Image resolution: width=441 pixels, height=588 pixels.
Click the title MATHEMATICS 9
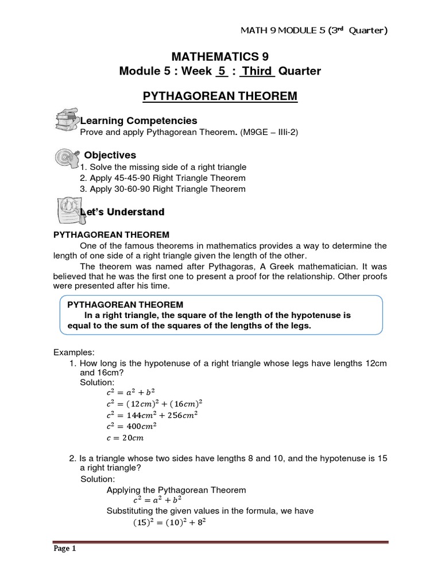(220, 56)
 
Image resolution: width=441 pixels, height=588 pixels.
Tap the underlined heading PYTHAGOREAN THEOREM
(220, 96)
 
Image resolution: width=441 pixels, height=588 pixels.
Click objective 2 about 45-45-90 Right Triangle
(163, 178)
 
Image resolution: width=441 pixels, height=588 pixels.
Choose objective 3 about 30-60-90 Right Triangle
(163, 189)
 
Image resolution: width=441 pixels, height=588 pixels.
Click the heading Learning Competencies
(138, 121)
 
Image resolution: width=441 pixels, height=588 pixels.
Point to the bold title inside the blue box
(125, 304)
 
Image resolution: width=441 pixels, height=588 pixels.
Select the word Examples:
(72, 352)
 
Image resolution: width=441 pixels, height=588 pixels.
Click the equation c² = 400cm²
(132, 426)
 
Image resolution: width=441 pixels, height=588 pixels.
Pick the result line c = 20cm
(126, 438)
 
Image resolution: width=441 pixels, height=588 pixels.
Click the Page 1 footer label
(64, 548)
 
